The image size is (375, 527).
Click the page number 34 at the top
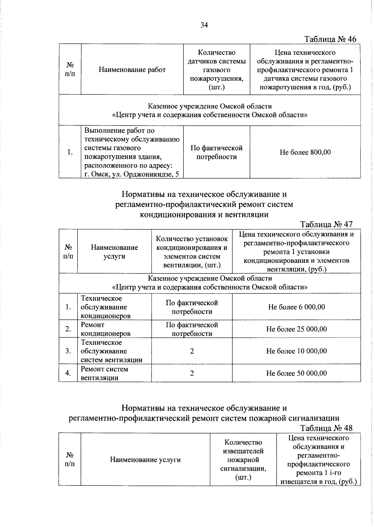[204, 25]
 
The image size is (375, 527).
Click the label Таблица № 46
[330, 39]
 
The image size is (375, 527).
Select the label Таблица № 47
[326, 224]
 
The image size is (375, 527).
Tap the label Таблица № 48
[326, 428]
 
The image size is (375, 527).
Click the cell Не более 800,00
[305, 152]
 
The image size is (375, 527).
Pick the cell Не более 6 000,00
[296, 307]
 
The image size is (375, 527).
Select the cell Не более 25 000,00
[296, 329]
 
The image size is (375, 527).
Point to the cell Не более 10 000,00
[296, 351]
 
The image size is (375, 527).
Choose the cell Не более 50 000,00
[296, 373]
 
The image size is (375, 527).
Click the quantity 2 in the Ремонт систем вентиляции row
[192, 373]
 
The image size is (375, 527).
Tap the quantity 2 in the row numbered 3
[192, 351]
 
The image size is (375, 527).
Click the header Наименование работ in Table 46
[132, 70]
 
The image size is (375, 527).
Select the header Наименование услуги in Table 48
[145, 459]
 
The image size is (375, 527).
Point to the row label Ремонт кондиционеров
[105, 329]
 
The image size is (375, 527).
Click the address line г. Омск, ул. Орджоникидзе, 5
[132, 174]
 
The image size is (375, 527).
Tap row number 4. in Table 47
[68, 373]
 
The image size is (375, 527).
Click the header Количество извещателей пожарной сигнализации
[243, 459]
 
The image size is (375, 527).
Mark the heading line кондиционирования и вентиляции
[204, 214]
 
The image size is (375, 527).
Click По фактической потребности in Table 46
[216, 152]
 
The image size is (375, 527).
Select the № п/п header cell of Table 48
[69, 459]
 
